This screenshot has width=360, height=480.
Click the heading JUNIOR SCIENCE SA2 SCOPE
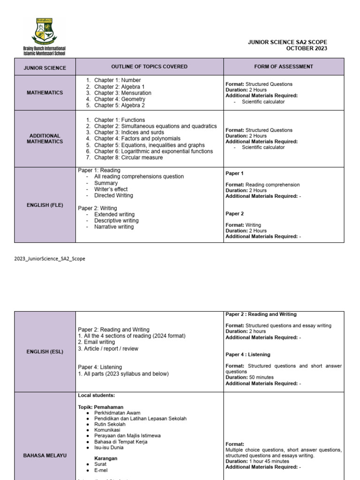pos(287,42)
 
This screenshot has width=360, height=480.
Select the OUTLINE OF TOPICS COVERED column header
pos(149,67)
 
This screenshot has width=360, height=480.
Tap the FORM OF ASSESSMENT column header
pos(284,67)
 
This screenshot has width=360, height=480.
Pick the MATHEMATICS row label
pos(45,93)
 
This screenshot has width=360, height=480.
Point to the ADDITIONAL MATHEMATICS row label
pos(45,139)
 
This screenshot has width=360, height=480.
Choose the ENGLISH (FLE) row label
pos(45,205)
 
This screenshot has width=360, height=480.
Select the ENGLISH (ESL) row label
pos(45,352)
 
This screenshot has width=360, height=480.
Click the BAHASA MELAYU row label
pos(45,455)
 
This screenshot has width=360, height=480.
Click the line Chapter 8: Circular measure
pos(128,157)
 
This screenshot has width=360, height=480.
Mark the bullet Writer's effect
pos(111,189)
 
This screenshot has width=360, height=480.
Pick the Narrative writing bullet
pos(114,227)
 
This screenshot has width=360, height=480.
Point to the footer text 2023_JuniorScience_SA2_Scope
pos(50,258)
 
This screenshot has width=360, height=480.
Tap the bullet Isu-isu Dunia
pos(109,448)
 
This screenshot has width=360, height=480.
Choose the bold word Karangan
pos(106,458)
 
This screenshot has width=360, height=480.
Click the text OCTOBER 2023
pos(307,49)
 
